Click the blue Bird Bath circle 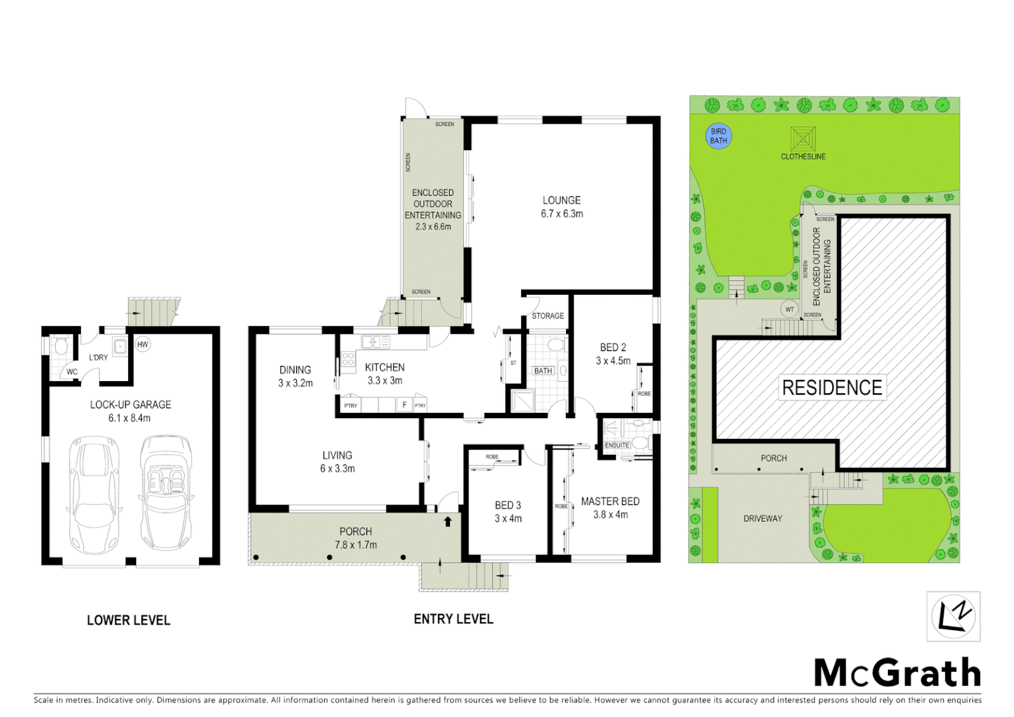point(718,136)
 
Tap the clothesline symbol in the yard point(802,139)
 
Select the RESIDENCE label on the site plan point(832,388)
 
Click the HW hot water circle point(143,344)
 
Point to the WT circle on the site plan point(789,309)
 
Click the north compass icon point(953,616)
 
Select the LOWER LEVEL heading point(129,620)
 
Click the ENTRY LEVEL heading point(453,619)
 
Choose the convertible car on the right point(165,493)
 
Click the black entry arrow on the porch point(448,521)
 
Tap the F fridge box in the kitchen point(404,405)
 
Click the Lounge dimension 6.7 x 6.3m point(561,214)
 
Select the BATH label point(543,370)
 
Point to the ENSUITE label point(616,445)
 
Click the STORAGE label point(547,316)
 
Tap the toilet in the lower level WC point(61,346)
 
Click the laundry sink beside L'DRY point(119,347)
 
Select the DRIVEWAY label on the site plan point(762,518)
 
